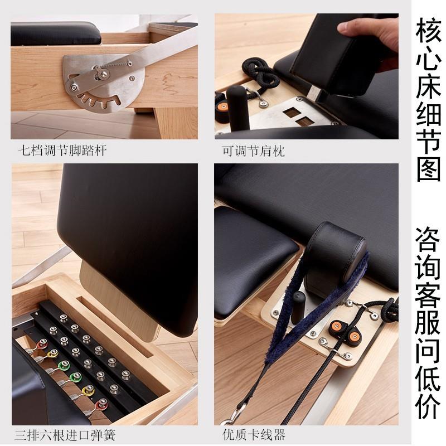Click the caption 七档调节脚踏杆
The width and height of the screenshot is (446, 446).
pyautogui.click(x=62, y=151)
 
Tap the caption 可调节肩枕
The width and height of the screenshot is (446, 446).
pyautogui.click(x=254, y=151)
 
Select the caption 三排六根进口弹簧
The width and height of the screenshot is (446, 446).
pyautogui.click(x=65, y=435)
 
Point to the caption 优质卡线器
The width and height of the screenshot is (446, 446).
pyautogui.click(x=254, y=435)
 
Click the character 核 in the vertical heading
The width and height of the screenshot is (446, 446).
pyautogui.click(x=428, y=31)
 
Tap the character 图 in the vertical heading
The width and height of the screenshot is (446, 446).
pyautogui.click(x=428, y=168)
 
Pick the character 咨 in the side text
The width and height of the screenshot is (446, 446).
pyautogui.click(x=428, y=240)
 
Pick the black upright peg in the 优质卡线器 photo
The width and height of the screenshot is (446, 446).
pyautogui.click(x=298, y=307)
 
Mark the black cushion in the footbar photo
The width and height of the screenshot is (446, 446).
pyautogui.click(x=56, y=33)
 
